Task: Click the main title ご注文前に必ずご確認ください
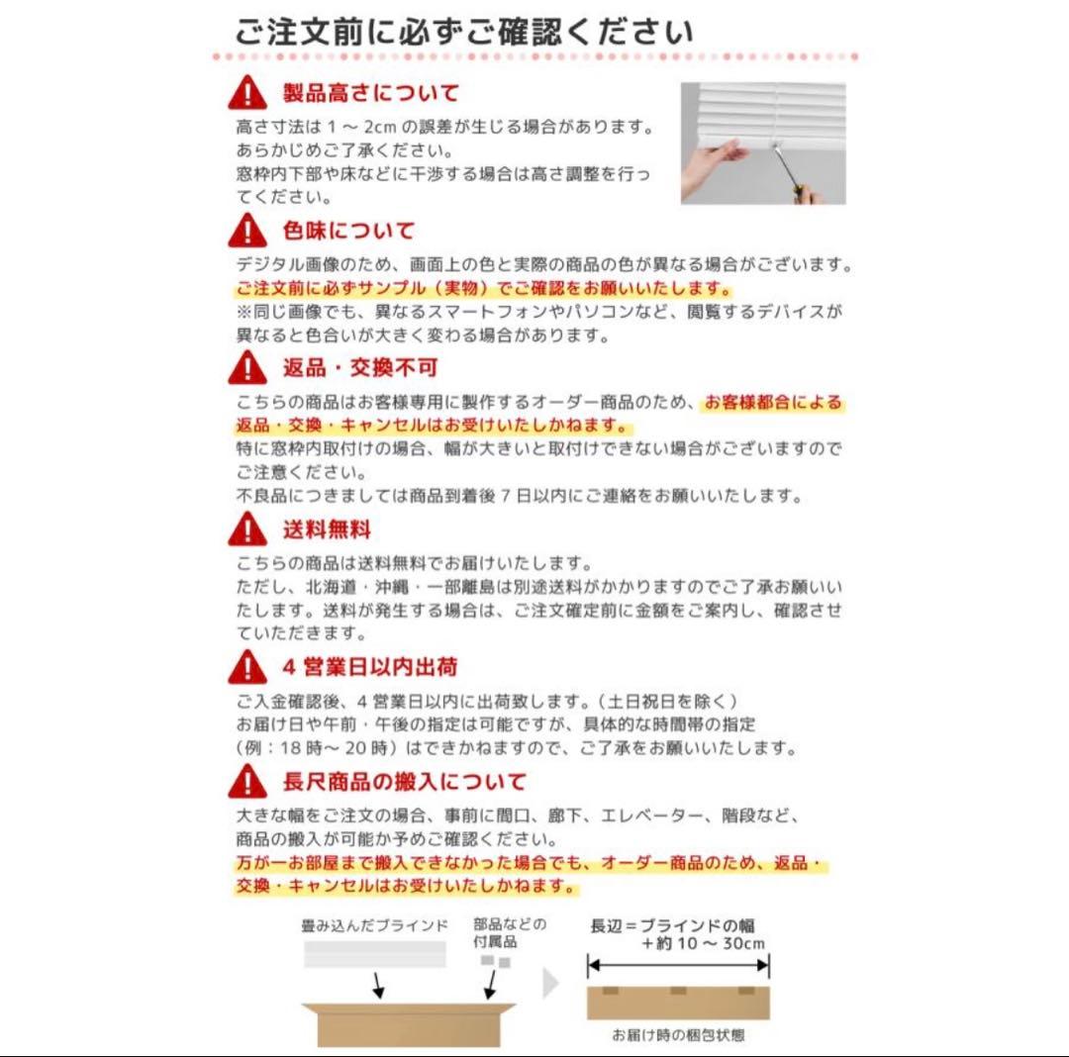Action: point(464,32)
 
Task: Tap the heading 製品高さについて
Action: point(371,93)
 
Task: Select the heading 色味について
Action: point(348,231)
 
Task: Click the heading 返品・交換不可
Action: point(360,368)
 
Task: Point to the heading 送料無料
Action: point(327,529)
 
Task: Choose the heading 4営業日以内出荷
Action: point(369,666)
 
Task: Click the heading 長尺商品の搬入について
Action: point(404,781)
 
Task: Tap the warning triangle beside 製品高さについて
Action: point(247,93)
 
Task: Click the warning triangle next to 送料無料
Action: point(247,528)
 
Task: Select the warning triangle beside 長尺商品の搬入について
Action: point(247,781)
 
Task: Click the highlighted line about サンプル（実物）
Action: point(484,288)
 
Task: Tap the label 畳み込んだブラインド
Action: point(374,925)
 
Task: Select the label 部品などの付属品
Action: point(510,933)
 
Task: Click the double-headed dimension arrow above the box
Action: point(678,965)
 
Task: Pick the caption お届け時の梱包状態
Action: point(678,1035)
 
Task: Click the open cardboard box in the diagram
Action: point(409,1024)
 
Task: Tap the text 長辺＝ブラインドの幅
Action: point(672,925)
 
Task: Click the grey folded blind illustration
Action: point(375,954)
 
